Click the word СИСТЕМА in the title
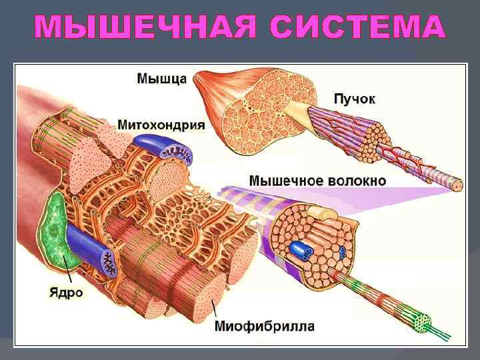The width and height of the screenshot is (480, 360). tap(359, 28)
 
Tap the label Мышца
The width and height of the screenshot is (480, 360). tap(161, 77)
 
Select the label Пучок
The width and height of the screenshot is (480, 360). tap(354, 99)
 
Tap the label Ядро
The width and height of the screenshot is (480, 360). tap(66, 292)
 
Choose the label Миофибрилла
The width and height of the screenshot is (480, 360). tap(265, 327)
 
